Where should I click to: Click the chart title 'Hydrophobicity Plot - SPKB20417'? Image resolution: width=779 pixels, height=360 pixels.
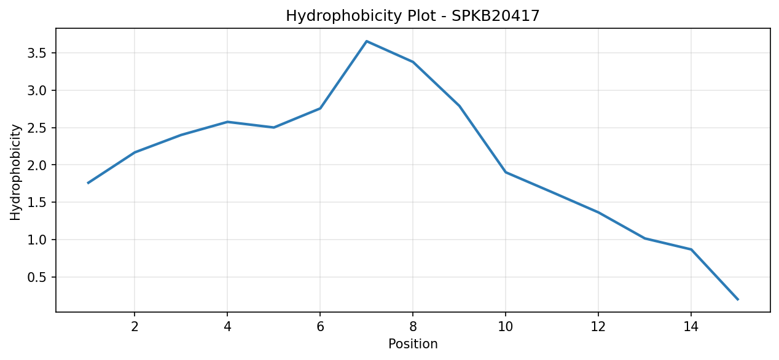click(412, 16)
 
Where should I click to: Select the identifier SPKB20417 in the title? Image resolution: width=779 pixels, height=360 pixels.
click(496, 16)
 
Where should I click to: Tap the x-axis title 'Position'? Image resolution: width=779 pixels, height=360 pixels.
click(413, 344)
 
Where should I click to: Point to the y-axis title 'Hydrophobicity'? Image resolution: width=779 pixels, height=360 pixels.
click(15, 172)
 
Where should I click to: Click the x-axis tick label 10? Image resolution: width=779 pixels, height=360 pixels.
click(506, 327)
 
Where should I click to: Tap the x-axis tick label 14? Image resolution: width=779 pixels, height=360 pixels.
click(691, 327)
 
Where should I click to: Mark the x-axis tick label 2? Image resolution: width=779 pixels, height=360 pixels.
click(135, 327)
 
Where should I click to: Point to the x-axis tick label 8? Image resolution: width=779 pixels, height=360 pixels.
click(413, 327)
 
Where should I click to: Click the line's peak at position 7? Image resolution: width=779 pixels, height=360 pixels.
click(367, 41)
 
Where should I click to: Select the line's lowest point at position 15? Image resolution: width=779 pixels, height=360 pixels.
click(738, 299)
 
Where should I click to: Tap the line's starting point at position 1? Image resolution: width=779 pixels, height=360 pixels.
click(88, 183)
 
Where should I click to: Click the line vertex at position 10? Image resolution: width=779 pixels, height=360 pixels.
click(506, 172)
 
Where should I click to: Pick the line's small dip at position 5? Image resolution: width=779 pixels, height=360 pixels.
click(273, 127)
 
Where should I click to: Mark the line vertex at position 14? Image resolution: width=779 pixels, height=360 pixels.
click(691, 249)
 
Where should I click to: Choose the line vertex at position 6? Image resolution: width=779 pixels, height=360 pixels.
click(320, 109)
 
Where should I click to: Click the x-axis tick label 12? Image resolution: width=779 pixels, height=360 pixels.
click(598, 327)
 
